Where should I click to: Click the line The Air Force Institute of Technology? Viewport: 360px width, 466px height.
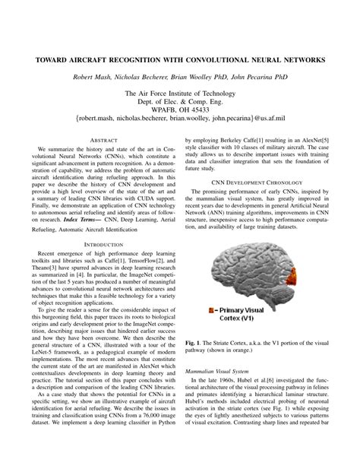point(180,93)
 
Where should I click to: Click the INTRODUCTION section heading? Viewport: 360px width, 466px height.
point(95,243)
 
